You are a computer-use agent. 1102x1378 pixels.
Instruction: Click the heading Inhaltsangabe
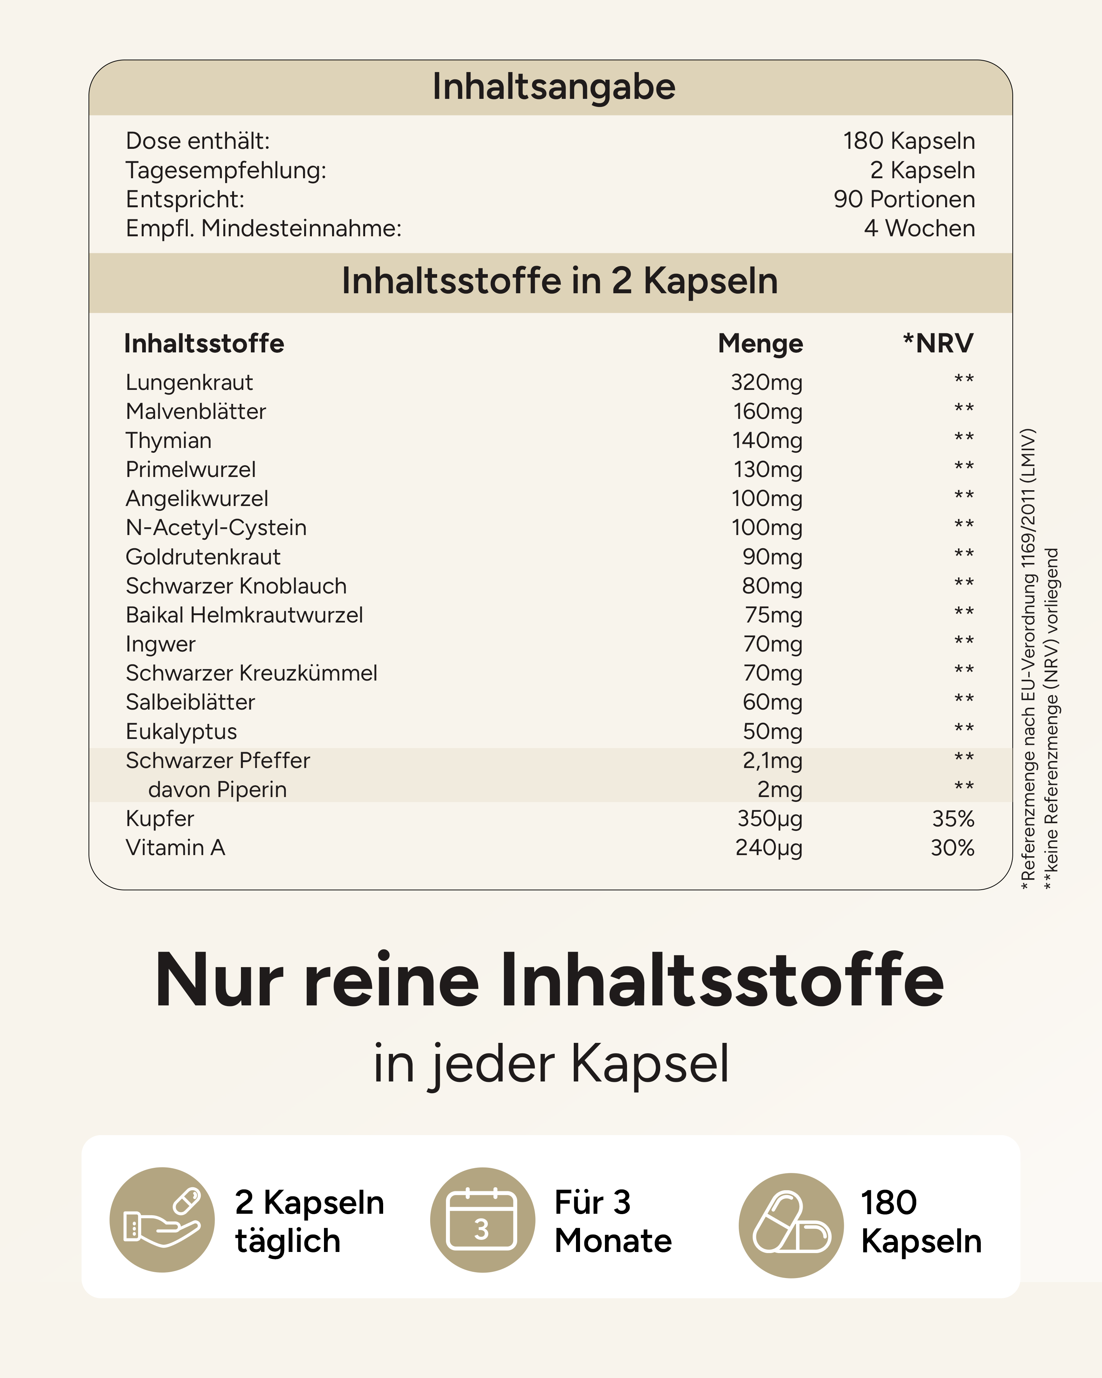(553, 87)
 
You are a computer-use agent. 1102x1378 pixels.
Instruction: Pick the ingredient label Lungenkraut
(189, 382)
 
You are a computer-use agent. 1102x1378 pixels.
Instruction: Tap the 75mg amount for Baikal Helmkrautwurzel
(773, 615)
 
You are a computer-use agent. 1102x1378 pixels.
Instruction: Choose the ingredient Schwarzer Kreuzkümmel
(251, 673)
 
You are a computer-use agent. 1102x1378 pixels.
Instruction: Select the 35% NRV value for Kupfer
(952, 819)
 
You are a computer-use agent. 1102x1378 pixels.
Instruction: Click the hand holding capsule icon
(162, 1220)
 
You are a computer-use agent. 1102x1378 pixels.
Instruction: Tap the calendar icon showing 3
(482, 1220)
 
